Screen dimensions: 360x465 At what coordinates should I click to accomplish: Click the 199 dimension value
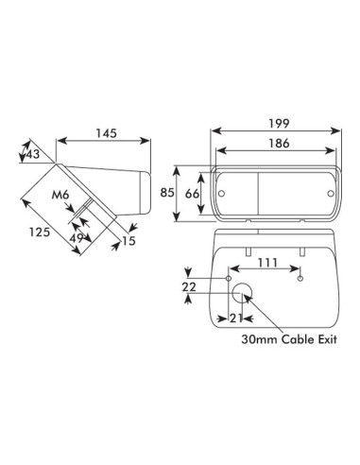pyautogui.click(x=279, y=124)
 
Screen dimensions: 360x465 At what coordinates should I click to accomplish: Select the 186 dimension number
pyautogui.click(x=279, y=144)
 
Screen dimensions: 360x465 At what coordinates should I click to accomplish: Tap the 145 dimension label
pyautogui.click(x=106, y=133)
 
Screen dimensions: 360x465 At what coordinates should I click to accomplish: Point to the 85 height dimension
pyautogui.click(x=167, y=192)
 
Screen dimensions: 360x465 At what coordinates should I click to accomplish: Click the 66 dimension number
pyautogui.click(x=192, y=194)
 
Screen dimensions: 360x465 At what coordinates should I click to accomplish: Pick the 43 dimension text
pyautogui.click(x=33, y=154)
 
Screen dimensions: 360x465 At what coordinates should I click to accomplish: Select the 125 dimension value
pyautogui.click(x=40, y=232)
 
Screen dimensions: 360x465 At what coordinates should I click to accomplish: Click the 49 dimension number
pyautogui.click(x=77, y=238)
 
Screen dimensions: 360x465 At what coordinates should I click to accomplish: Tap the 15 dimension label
pyautogui.click(x=129, y=241)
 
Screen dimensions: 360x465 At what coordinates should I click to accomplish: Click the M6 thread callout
pyautogui.click(x=60, y=195)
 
